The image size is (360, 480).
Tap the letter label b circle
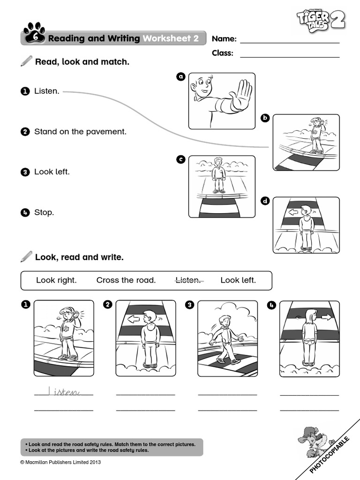coord(265,118)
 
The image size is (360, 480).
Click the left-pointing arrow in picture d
coord(293,212)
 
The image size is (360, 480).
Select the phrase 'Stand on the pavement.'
coord(80,132)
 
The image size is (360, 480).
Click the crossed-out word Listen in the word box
coord(187,280)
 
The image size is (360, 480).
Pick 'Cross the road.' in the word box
coord(126,280)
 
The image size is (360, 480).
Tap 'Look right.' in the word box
coord(56,280)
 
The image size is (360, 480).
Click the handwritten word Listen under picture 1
coord(64,391)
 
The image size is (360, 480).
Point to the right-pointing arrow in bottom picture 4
coord(326,317)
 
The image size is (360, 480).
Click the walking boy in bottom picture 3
coord(225,338)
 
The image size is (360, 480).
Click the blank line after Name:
coord(290,42)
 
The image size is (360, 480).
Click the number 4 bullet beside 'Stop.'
coord(25,212)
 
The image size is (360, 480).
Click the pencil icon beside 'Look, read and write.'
coord(27,256)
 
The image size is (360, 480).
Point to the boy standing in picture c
coord(218,175)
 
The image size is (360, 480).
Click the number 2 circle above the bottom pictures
coord(108,305)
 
